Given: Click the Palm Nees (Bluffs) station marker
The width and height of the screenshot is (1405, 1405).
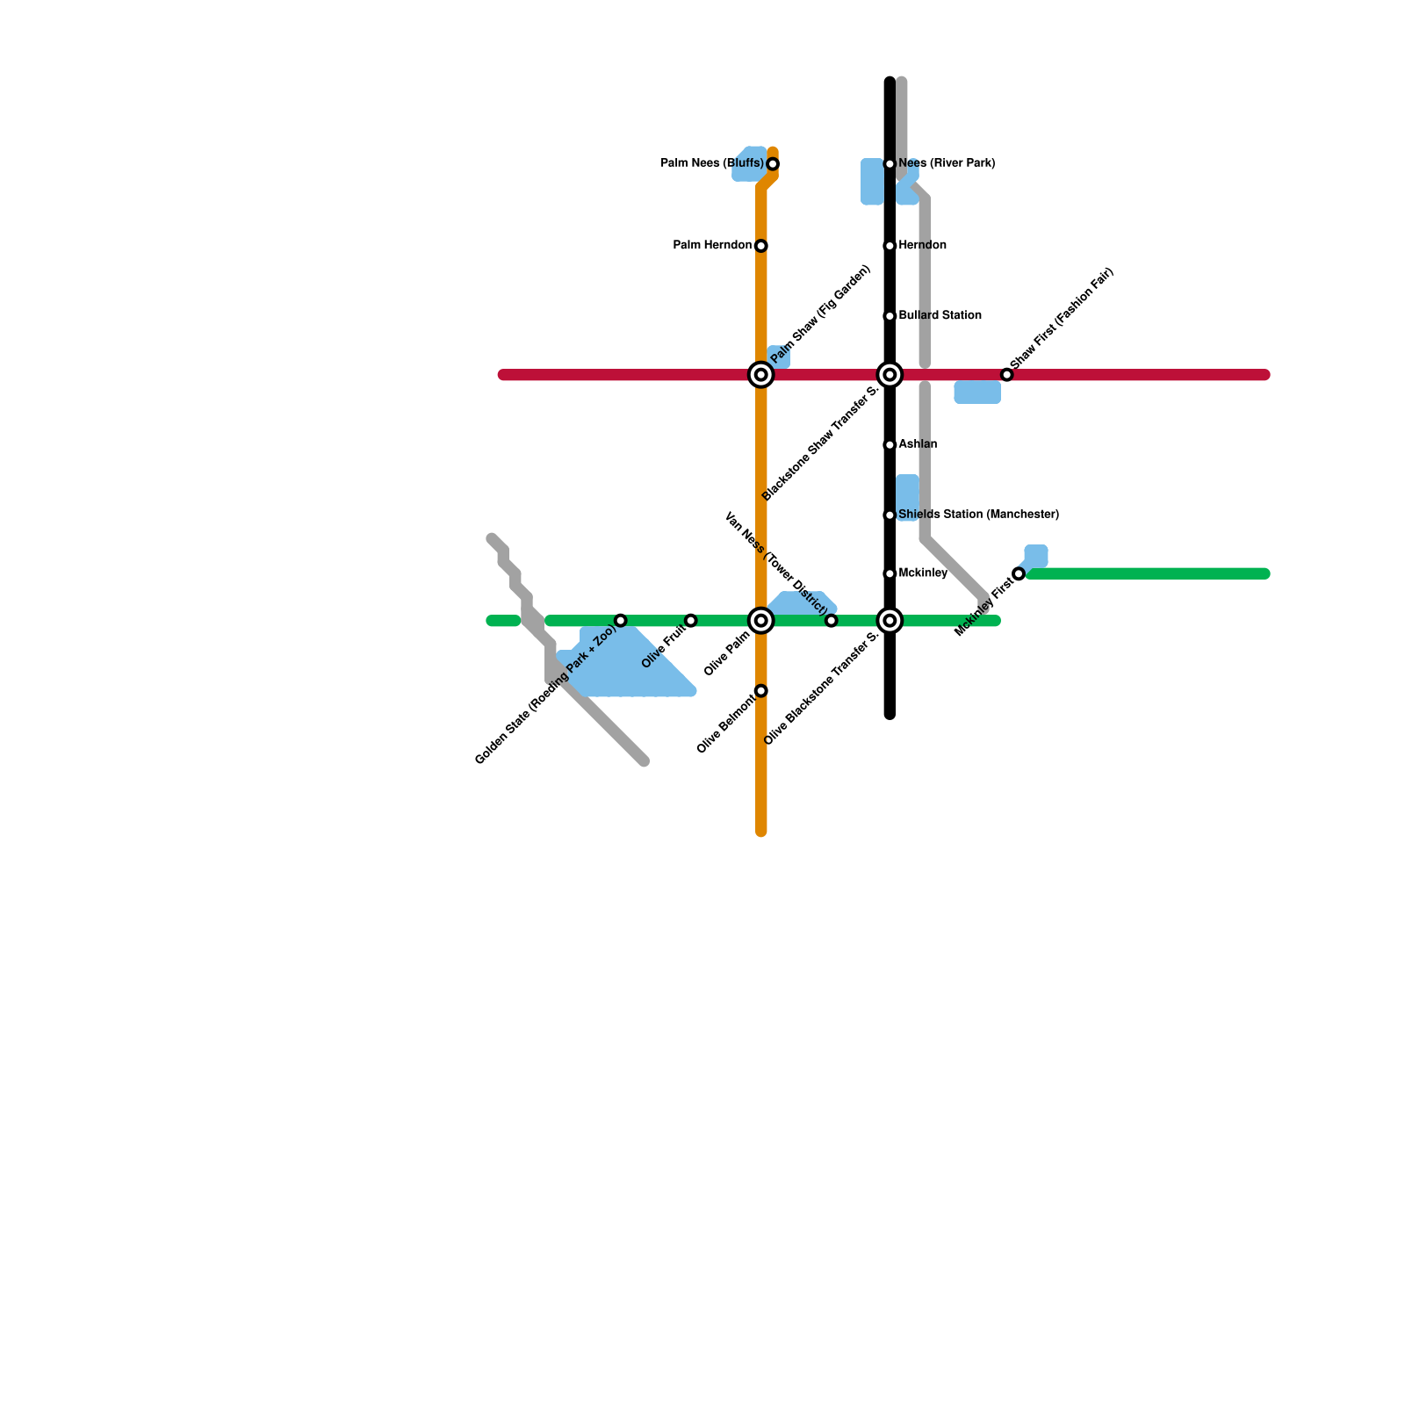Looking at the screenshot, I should click(x=773, y=164).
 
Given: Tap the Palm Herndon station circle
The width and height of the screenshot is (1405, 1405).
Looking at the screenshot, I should click(x=761, y=246).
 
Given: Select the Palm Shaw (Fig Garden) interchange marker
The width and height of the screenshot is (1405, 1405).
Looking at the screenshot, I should click(x=761, y=375).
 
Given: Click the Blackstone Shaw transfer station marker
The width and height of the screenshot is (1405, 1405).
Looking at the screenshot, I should click(x=890, y=375).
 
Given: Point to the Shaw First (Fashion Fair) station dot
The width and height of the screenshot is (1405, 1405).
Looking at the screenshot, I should click(x=1007, y=375).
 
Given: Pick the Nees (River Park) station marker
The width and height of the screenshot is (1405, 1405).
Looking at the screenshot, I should click(x=890, y=164).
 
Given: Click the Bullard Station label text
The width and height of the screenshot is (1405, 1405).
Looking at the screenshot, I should click(x=940, y=315).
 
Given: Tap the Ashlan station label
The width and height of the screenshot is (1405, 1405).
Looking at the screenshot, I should click(x=918, y=444).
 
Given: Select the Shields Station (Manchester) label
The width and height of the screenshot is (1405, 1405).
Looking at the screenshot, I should click(x=978, y=515).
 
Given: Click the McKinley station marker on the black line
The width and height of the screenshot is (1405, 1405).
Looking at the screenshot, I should click(x=890, y=573).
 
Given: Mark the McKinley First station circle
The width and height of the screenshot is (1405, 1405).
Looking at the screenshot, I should click(x=1019, y=574).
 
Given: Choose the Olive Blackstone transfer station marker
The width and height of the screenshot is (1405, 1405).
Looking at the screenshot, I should click(x=890, y=621).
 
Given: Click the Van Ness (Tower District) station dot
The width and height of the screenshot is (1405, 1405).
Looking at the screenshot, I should click(x=832, y=621).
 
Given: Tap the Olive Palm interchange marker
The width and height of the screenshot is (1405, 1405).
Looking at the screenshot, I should click(x=761, y=621).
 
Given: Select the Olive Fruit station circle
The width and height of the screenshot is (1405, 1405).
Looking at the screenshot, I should click(x=691, y=621).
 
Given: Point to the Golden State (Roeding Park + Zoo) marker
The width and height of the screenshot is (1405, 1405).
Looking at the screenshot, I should click(x=621, y=621).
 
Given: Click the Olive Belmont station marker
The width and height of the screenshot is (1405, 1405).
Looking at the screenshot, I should click(x=761, y=691).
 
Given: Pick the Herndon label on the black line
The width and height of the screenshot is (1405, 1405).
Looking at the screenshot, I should click(x=922, y=245).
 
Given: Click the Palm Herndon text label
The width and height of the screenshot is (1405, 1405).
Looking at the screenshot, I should click(x=712, y=245).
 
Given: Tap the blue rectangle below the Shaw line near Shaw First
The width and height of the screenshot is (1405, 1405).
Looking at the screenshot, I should click(x=977, y=393).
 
